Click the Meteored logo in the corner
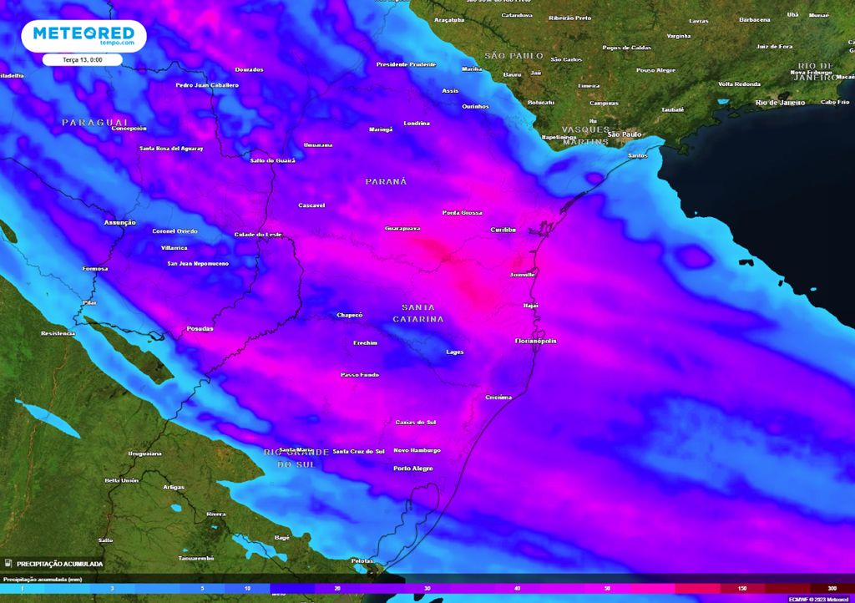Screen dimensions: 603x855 click(83, 36)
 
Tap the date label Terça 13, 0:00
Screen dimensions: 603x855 click(83, 60)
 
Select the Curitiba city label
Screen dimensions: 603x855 click(503, 230)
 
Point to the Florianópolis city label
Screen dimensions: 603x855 click(535, 341)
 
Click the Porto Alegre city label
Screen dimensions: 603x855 click(413, 469)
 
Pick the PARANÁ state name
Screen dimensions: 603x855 click(386, 181)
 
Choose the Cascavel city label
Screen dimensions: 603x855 click(311, 205)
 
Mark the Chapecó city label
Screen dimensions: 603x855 click(349, 315)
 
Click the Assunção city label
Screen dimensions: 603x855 click(119, 222)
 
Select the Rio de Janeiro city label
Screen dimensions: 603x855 click(780, 102)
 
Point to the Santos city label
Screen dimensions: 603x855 click(637, 155)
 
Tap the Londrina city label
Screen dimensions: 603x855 click(416, 124)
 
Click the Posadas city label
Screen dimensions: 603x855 click(200, 328)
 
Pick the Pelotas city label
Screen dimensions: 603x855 click(362, 560)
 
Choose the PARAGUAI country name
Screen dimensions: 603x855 click(94, 122)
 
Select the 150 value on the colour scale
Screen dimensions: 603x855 click(741, 589)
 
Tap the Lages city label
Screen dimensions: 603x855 click(455, 352)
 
